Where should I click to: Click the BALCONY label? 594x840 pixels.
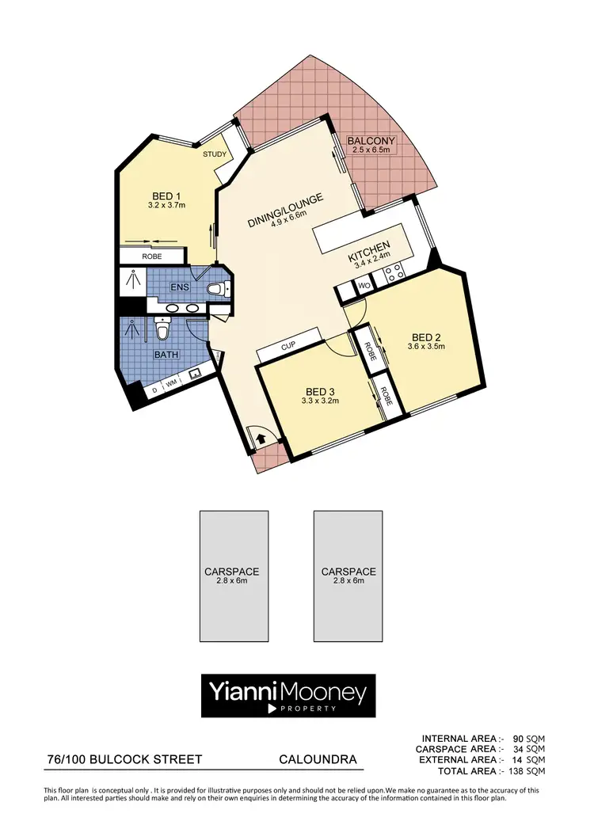[371, 142]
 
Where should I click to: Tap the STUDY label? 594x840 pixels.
[215, 154]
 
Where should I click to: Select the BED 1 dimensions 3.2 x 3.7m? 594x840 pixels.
[166, 206]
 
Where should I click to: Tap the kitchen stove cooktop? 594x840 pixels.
[393, 273]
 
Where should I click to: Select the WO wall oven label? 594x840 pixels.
[364, 285]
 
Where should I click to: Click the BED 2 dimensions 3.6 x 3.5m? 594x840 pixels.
[427, 346]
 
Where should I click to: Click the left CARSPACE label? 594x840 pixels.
[232, 572]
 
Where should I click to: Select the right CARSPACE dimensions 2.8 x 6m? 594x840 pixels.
[348, 581]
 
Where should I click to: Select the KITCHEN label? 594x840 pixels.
[371, 257]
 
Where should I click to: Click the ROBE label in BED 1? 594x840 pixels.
[152, 257]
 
